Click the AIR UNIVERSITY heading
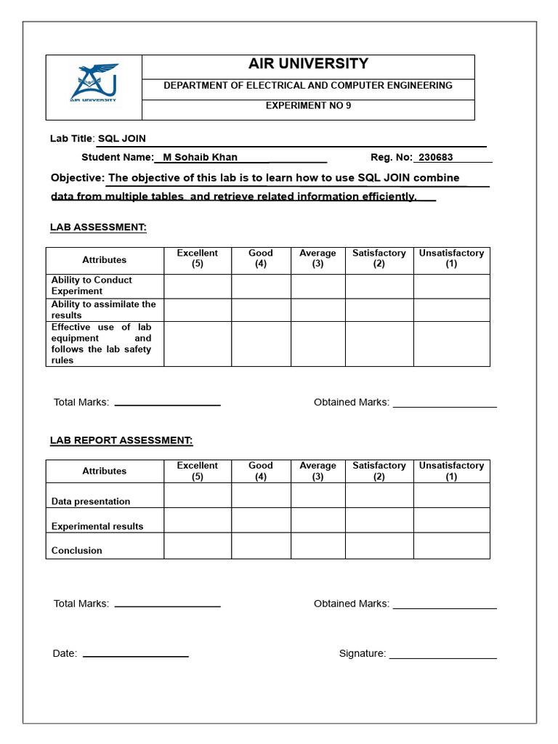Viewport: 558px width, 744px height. [x=308, y=64]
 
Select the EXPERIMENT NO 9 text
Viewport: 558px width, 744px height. [x=308, y=105]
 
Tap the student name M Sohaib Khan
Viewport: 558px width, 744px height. [x=200, y=157]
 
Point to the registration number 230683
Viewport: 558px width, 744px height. [x=436, y=157]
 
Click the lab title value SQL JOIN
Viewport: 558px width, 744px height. [x=122, y=139]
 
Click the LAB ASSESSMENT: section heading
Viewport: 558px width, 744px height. [x=98, y=227]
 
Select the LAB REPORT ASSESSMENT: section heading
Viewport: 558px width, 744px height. [x=121, y=440]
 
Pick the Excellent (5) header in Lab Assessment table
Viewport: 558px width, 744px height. [x=198, y=259]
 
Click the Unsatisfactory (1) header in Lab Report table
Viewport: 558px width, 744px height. [x=451, y=471]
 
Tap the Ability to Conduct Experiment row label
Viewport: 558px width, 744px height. [x=92, y=286]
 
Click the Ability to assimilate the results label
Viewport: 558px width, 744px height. [x=103, y=310]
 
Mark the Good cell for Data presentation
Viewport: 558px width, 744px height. [x=261, y=496]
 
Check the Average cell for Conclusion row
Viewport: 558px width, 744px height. [x=318, y=546]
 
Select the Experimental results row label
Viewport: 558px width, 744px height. [x=97, y=526]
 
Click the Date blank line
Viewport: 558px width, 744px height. [x=135, y=655]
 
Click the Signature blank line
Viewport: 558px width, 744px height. [x=442, y=657]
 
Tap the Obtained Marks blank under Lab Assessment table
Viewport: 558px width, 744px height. [x=445, y=405]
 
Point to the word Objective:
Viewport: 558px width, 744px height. [x=78, y=178]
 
